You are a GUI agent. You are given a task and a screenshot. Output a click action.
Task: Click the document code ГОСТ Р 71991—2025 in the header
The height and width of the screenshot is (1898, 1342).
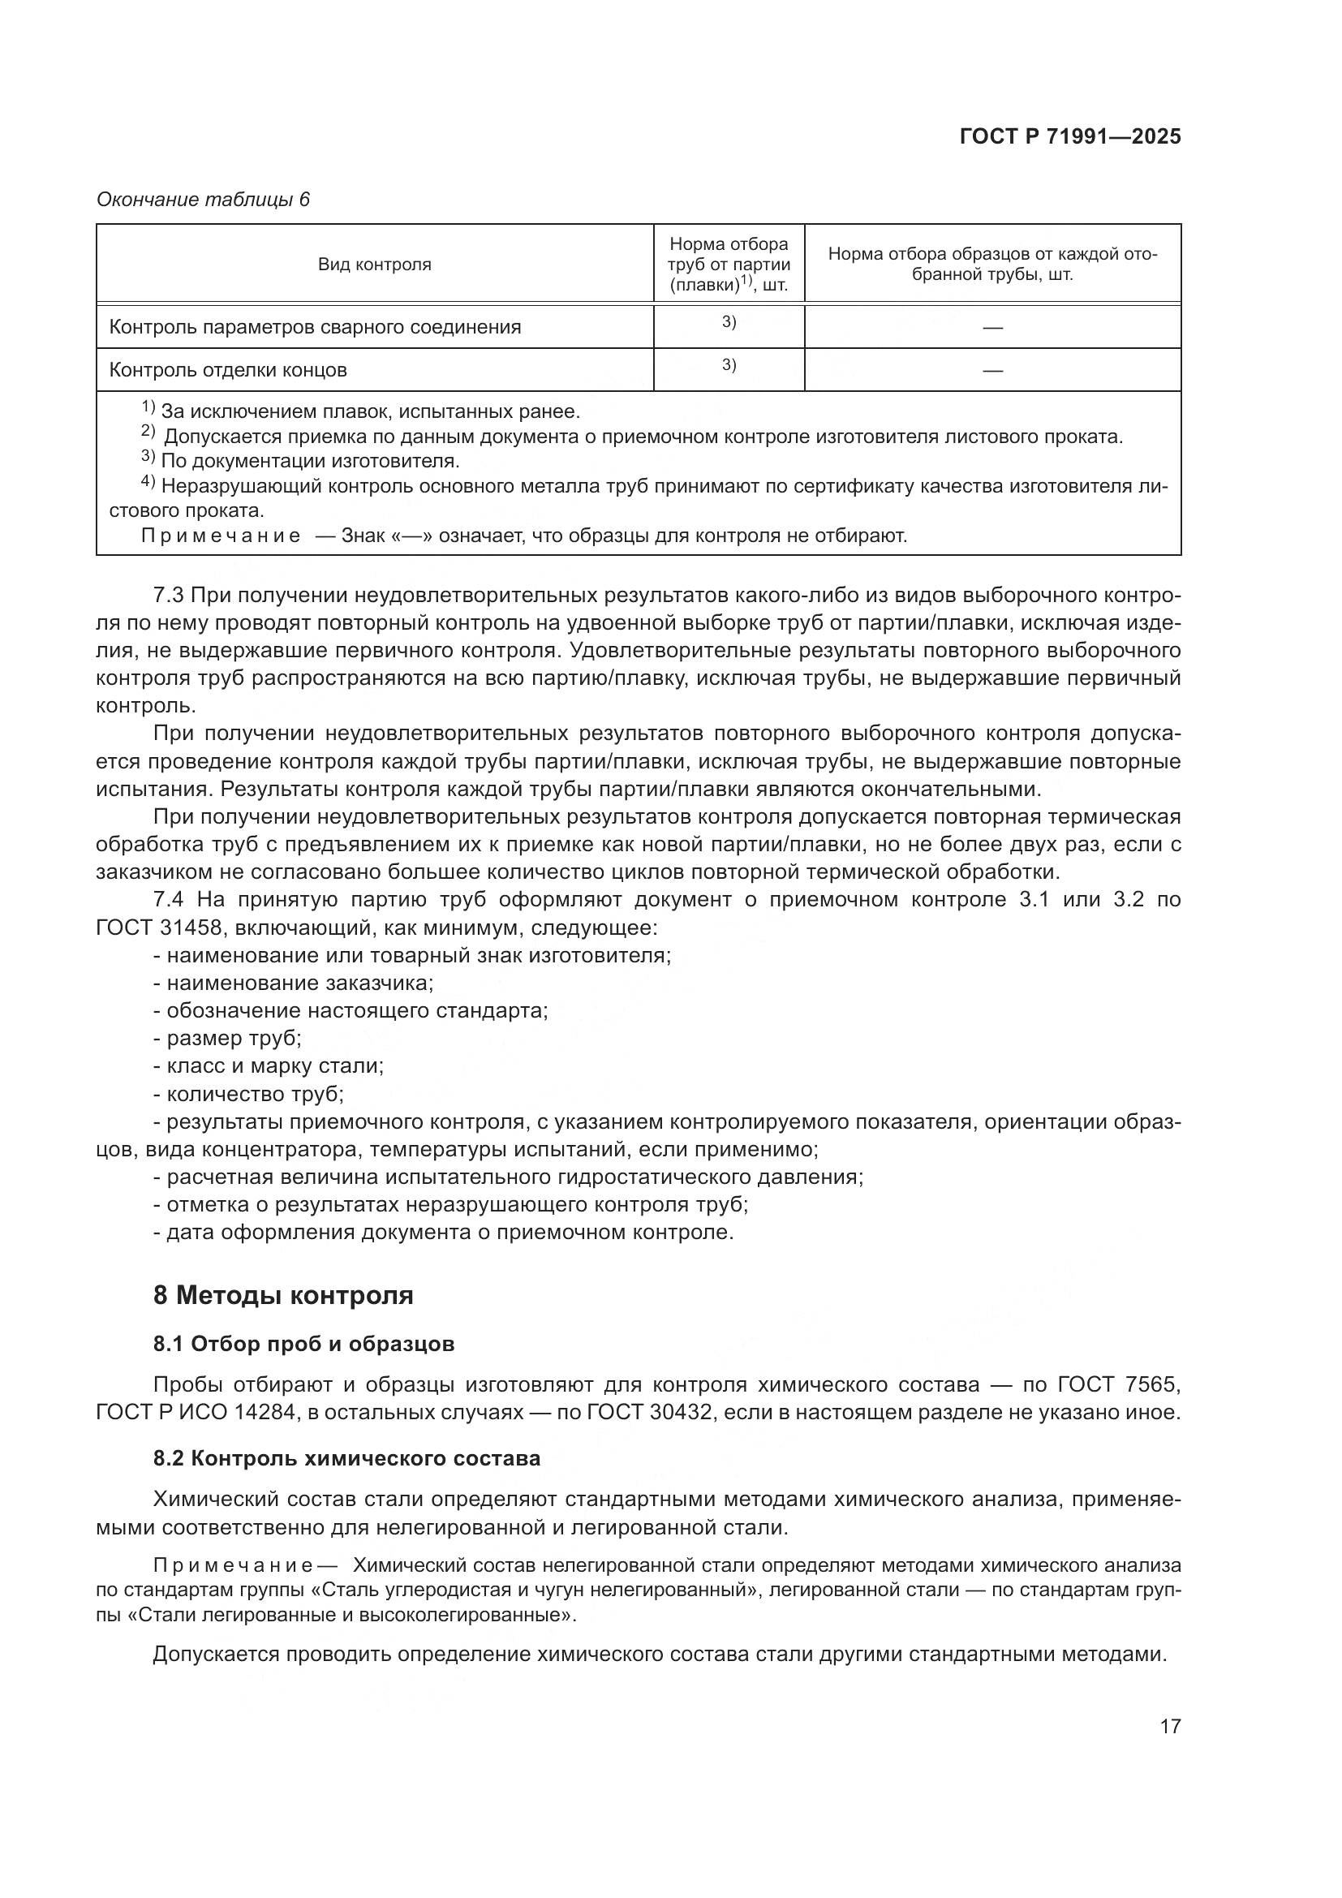coord(1069,136)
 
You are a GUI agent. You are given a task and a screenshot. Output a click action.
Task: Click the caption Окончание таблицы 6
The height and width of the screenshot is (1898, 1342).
coord(203,200)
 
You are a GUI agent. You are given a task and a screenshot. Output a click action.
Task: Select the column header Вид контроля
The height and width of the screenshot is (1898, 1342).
coord(374,265)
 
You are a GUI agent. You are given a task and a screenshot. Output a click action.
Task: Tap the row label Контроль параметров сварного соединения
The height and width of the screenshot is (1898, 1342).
coord(315,327)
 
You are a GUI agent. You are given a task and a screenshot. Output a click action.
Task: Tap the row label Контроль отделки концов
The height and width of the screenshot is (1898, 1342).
coord(227,370)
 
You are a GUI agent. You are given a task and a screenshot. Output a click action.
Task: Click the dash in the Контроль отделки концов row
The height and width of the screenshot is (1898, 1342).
coord(991,370)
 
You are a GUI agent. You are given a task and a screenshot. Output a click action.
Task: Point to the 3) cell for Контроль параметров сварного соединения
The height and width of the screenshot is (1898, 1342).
coord(728,322)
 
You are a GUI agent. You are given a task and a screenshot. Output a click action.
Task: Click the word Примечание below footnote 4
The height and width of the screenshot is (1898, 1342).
coord(221,536)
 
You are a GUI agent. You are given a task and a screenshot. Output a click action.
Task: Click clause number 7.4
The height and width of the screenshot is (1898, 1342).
coord(171,899)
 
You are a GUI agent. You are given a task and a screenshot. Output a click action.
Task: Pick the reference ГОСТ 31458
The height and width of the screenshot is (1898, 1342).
coord(158,927)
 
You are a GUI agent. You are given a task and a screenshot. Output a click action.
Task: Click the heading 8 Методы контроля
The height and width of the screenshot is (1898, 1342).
coord(282,1294)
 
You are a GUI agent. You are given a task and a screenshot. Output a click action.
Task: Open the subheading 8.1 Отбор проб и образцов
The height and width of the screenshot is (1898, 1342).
coord(303,1344)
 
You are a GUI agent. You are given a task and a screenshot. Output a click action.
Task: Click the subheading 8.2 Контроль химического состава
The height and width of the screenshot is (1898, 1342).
coord(346,1458)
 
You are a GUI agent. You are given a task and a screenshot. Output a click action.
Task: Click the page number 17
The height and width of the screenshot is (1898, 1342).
coord(1169,1726)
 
